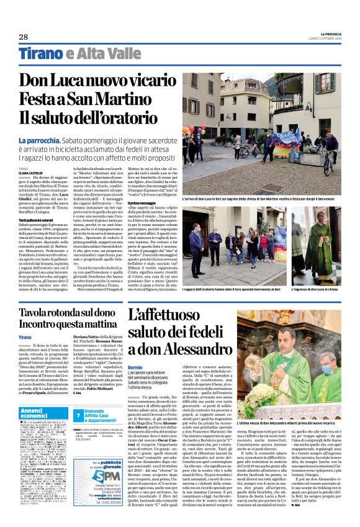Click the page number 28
24,37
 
